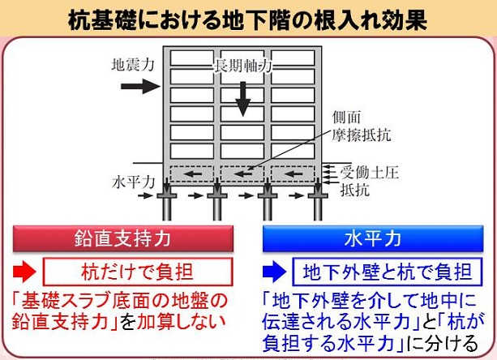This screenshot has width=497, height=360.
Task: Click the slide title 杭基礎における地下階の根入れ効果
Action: [248, 19]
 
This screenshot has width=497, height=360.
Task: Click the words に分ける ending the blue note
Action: [456, 341]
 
